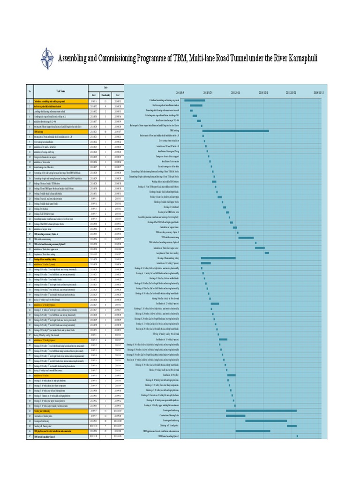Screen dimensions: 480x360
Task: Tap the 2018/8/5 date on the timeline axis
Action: point(180,93)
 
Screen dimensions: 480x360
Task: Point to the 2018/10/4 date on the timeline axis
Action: point(263,93)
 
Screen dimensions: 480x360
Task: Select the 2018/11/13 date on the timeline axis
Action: point(319,93)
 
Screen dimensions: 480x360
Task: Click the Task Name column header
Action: point(61,91)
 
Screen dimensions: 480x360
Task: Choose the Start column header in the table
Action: point(94,95)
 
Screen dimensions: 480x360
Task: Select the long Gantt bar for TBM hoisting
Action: point(236,131)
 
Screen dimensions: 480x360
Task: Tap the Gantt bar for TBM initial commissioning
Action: point(246,238)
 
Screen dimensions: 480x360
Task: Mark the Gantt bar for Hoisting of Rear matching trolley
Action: point(218,258)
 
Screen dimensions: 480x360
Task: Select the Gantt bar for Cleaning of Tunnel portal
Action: point(292,426)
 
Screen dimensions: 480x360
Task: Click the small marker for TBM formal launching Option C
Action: point(297,436)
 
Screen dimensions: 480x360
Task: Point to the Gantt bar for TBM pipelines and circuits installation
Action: point(253,431)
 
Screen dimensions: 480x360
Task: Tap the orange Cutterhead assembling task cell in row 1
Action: point(59,100)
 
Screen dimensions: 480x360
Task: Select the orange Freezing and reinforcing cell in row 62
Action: point(59,411)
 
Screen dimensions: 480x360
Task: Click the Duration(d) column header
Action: point(105,95)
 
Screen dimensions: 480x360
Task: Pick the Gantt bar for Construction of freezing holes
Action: point(236,415)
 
